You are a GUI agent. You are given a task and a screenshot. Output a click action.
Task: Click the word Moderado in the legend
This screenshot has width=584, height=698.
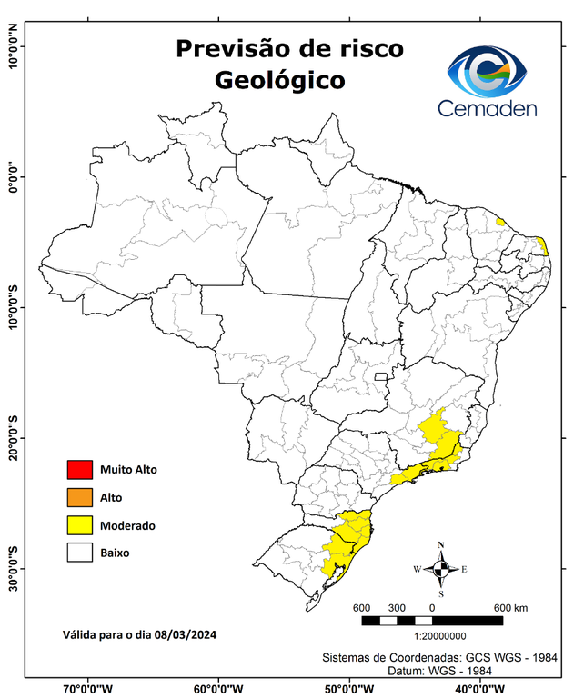pyautogui.click(x=127, y=525)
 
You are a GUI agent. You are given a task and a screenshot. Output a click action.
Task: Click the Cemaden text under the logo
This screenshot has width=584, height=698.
pyautogui.click(x=488, y=109)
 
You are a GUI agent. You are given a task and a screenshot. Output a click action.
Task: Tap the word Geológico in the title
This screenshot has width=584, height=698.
pyautogui.click(x=280, y=80)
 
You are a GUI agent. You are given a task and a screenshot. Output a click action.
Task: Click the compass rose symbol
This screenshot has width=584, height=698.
pyautogui.click(x=441, y=570)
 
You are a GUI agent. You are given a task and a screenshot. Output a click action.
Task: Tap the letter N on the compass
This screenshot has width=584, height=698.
pyautogui.click(x=441, y=545)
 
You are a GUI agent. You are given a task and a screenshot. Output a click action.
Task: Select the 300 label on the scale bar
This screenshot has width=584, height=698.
pyautogui.click(x=397, y=607)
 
